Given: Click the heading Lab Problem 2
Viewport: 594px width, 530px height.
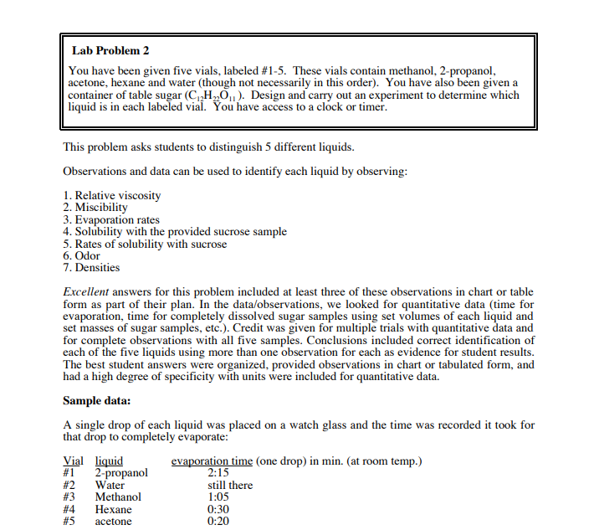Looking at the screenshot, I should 111,51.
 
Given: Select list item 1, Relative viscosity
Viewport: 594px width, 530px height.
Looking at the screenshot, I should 112,195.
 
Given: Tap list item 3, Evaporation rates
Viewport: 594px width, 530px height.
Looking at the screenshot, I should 111,219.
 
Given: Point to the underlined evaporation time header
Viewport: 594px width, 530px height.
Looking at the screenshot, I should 212,461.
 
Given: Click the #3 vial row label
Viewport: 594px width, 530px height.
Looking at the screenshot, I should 70,497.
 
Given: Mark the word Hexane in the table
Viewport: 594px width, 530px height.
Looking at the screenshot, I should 114,508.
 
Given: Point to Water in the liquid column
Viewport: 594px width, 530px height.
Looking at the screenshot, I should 110,485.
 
